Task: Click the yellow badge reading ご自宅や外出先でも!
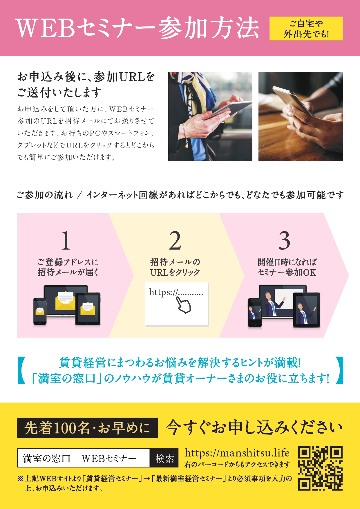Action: pyautogui.click(x=306, y=28)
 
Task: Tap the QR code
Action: pyautogui.click(x=320, y=468)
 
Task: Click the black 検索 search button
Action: pyautogui.click(x=164, y=458)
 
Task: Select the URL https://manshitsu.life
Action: pyautogui.click(x=237, y=453)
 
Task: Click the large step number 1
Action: pyautogui.click(x=66, y=240)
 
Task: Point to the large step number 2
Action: pyautogui.click(x=175, y=240)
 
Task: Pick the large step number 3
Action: pyautogui.click(x=284, y=240)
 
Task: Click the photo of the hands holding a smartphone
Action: pyautogui.click(x=301, y=116)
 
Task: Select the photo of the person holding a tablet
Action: pyautogui.click(x=210, y=116)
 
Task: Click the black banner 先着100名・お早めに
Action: pyautogui.click(x=87, y=428)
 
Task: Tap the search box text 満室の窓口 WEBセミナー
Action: pyautogui.click(x=79, y=458)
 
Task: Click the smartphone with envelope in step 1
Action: pyautogui.click(x=40, y=311)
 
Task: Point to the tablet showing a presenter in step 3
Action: pyautogui.click(x=307, y=310)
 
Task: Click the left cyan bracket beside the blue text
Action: pyautogui.click(x=21, y=370)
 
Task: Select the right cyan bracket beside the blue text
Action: pyautogui.click(x=339, y=370)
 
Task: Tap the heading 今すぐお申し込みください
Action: pyautogui.click(x=254, y=427)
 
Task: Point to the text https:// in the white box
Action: pyautogui.click(x=163, y=292)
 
